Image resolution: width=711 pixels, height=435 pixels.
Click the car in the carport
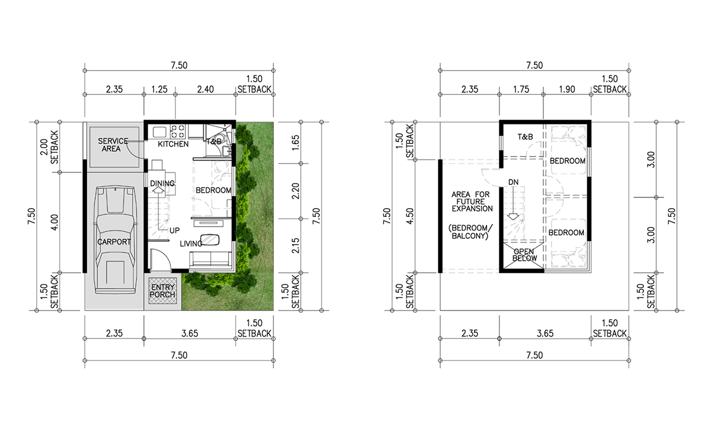pyautogui.click(x=116, y=240)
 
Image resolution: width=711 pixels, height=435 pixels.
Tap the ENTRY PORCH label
pyautogui.click(x=162, y=291)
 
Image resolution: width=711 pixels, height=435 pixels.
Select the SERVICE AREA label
pyautogui.click(x=113, y=145)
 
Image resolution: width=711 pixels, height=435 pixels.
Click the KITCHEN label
pyautogui.click(x=173, y=144)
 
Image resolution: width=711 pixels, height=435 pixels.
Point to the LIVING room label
pyautogui.click(x=191, y=244)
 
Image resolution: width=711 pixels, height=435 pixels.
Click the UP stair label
pyautogui.click(x=175, y=231)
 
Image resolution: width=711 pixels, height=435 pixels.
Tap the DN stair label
pyautogui.click(x=513, y=183)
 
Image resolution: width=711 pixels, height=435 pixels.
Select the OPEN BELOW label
pyautogui.click(x=524, y=255)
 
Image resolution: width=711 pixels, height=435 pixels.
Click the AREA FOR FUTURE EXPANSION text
pyautogui.click(x=472, y=201)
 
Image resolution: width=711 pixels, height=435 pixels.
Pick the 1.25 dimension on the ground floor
pyautogui.click(x=159, y=89)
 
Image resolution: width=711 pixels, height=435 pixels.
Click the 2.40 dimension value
pyautogui.click(x=206, y=89)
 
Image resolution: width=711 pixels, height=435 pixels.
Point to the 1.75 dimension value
pyautogui.click(x=521, y=89)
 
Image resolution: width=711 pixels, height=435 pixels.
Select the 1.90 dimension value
pyautogui.click(x=567, y=89)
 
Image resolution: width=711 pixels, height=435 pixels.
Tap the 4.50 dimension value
pyautogui.click(x=410, y=216)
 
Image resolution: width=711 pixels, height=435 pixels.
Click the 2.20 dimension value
pyautogui.click(x=295, y=191)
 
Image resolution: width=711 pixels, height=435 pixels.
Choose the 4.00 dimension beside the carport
pyautogui.click(x=55, y=222)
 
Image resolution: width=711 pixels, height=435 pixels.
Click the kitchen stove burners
pyautogui.click(x=177, y=132)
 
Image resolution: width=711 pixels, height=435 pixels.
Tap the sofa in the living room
pyautogui.click(x=210, y=259)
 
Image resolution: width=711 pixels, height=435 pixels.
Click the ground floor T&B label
pyautogui.click(x=214, y=141)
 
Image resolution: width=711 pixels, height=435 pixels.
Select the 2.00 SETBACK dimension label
pyautogui.click(x=49, y=148)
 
